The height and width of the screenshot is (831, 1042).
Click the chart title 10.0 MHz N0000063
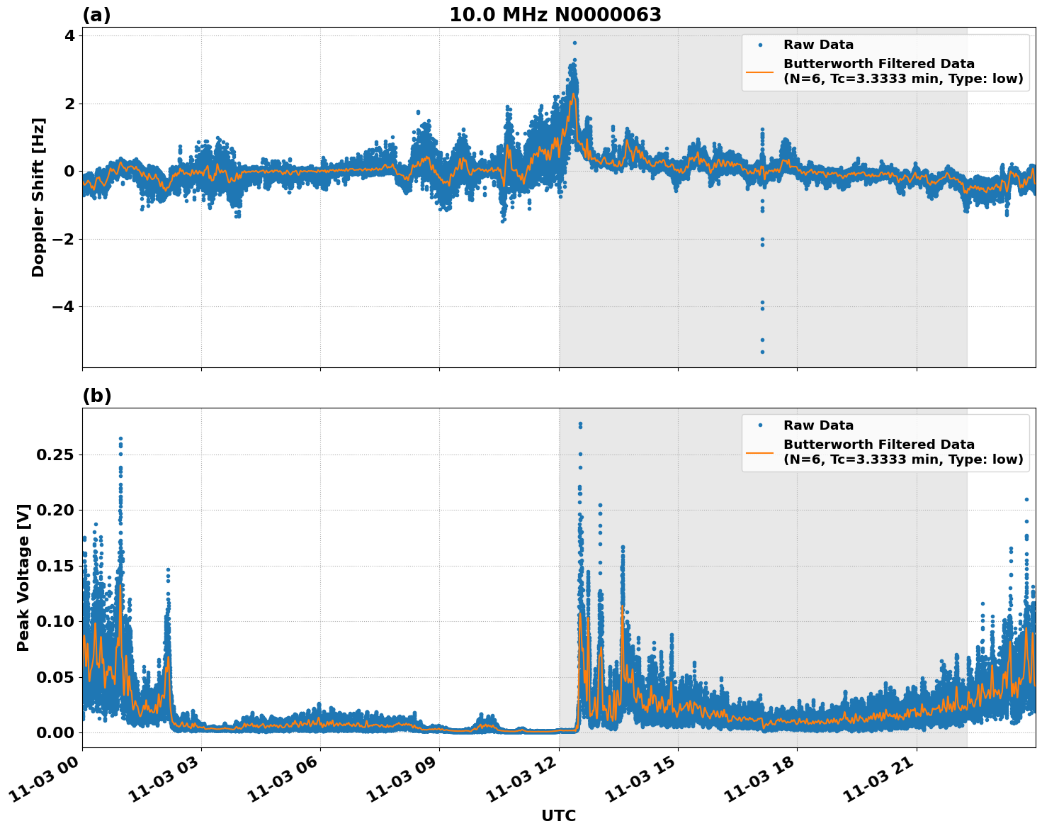(555, 15)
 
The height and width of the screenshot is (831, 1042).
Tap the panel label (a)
(96, 15)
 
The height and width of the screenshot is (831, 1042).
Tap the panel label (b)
(96, 396)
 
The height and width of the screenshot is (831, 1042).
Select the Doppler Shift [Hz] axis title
(38, 198)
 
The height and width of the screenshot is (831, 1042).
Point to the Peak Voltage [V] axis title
(23, 578)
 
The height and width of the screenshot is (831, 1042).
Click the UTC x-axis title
(558, 815)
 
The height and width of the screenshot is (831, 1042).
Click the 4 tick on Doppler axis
(69, 35)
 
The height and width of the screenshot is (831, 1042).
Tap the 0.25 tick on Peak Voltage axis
(55, 454)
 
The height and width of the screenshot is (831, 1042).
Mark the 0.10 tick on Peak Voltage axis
(55, 621)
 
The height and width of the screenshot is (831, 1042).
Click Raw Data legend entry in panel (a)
(818, 45)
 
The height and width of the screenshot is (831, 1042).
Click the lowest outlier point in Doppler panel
(762, 352)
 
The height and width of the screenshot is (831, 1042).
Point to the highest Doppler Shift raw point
(574, 43)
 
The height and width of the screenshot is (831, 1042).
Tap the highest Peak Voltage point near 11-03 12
(580, 424)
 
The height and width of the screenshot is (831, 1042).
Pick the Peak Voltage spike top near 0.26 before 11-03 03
(120, 439)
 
